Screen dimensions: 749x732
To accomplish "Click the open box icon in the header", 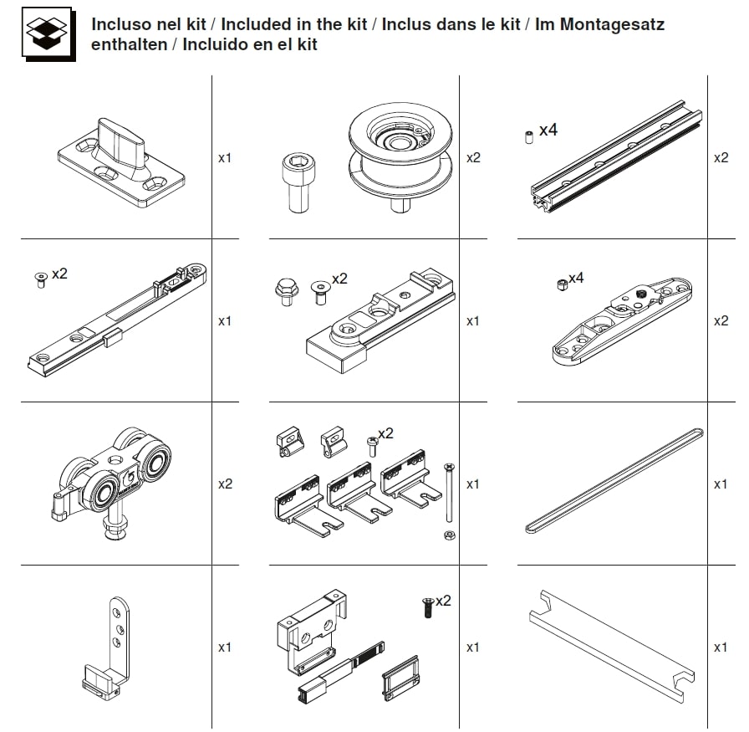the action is point(48,34).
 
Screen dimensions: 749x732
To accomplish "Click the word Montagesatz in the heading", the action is point(612,24).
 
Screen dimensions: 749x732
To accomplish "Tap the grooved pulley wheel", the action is point(400,156).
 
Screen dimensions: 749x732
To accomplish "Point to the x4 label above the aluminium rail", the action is point(548,130).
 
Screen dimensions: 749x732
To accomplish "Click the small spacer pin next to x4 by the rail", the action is point(529,137).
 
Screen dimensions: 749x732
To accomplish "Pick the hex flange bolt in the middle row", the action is point(287,291).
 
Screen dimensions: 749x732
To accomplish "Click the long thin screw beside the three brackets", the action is point(450,493).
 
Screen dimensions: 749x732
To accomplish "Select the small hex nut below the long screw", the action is point(450,535).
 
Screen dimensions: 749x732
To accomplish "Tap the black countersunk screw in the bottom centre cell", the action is point(428,607).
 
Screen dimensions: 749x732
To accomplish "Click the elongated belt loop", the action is point(614,480).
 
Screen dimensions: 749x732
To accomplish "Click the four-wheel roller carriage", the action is point(111,483).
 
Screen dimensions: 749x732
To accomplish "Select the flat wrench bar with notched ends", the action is point(612,647).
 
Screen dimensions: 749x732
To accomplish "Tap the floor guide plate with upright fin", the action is point(121,163).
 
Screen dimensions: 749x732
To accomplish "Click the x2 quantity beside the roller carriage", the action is point(225,484).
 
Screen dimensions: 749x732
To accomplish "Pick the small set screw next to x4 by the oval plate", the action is point(563,285).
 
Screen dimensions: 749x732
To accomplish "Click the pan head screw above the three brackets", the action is point(372,447).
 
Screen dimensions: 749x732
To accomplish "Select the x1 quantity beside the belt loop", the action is point(721,484).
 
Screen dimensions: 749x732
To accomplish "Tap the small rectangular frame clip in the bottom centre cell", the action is point(401,678).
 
